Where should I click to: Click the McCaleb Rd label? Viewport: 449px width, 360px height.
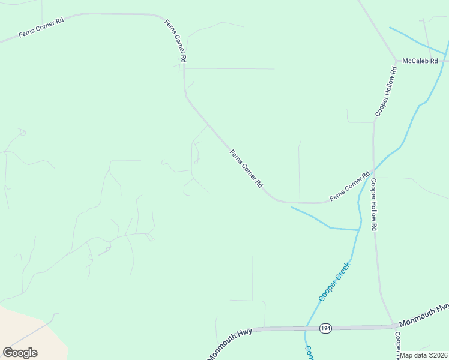pos(420,61)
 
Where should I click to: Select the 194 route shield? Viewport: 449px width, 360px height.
pos(325,328)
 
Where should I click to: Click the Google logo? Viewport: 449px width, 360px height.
pos(20,353)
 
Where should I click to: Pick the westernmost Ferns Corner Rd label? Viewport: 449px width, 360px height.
pos(41,28)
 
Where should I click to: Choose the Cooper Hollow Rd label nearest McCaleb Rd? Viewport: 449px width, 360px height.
pos(385,91)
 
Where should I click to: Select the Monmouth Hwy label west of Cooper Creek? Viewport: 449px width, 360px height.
pos(231,343)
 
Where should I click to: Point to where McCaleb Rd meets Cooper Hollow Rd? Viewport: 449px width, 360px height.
pos(396,61)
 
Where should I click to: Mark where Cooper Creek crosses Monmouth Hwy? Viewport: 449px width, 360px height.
pos(306,328)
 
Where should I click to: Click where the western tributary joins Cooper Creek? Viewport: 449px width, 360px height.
pos(358,230)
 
